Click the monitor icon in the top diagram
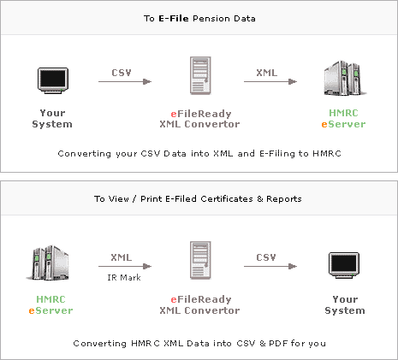[x=53, y=80]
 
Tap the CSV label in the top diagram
[x=122, y=73]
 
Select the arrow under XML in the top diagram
[x=270, y=82]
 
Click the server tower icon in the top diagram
[x=200, y=75]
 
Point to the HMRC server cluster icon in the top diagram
[x=345, y=78]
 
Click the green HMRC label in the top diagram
[x=343, y=113]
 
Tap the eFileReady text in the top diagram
[x=201, y=114]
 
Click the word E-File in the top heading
[x=174, y=19]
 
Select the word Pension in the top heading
[x=211, y=19]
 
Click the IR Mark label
[x=124, y=277]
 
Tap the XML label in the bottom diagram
[x=122, y=257]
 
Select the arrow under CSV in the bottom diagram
[x=270, y=267]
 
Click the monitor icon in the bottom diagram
[x=344, y=265]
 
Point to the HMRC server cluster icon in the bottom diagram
[x=48, y=263]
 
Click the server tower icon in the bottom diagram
[x=200, y=260]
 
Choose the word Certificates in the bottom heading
[x=227, y=198]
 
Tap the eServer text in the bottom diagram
[x=50, y=310]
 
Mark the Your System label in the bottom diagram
[x=345, y=304]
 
